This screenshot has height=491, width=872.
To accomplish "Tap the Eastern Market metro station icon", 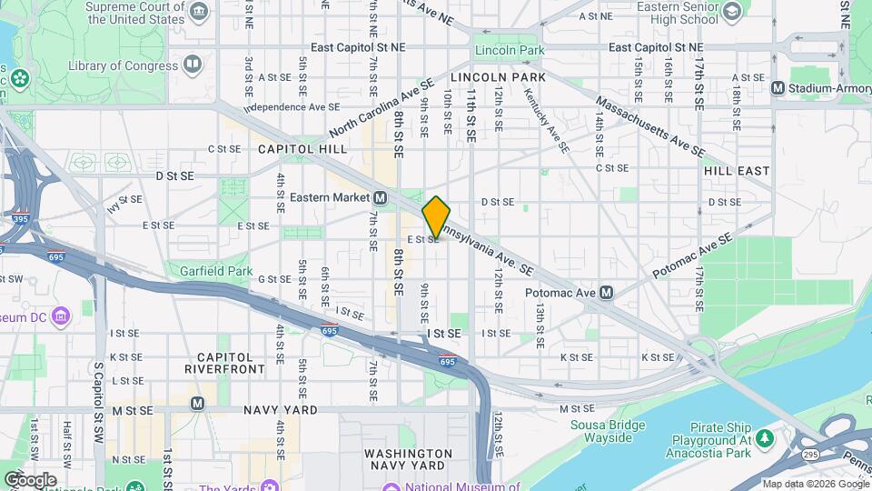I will point(380,197).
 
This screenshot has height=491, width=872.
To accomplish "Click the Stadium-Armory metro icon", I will point(778,87).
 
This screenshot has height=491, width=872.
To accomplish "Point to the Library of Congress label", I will point(120,65).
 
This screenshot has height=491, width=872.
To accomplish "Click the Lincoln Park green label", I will point(509,49).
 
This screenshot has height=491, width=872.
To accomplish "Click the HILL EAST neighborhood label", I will point(736,170).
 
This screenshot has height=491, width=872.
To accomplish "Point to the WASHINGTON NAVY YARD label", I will point(408,459).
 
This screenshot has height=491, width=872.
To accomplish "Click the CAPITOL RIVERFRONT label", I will point(231,363).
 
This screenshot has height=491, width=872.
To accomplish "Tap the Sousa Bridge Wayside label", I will point(600,431).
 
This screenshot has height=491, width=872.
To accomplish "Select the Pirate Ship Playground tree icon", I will point(765,439).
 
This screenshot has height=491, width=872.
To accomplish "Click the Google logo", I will point(30,478).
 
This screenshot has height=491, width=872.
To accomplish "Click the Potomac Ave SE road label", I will point(692,256).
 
